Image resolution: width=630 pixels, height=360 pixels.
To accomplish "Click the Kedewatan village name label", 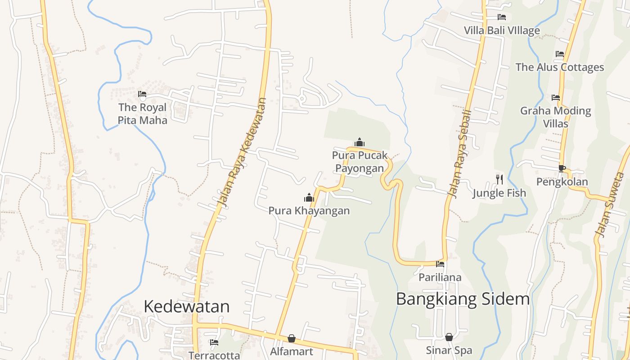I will coord(186,306).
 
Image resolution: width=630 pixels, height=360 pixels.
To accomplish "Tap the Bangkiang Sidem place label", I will coord(463,299).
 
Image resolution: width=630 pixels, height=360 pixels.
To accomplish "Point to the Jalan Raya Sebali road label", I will coord(460,153).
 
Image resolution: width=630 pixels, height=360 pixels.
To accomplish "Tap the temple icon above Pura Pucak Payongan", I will coord(359,143).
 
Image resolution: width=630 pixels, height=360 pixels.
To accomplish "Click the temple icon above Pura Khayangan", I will coord(309,198).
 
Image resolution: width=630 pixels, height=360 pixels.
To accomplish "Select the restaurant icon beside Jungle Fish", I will coord(499,179).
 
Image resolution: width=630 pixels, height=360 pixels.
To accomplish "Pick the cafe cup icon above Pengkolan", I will coord(562,168).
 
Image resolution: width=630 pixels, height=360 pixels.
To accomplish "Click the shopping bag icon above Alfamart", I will coord(292,338).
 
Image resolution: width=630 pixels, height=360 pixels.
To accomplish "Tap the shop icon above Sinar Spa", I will coord(449,337).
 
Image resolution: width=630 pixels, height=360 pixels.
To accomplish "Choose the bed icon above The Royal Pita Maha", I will coord(142,94).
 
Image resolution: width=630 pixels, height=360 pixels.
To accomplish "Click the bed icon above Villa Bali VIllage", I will coord(502,17).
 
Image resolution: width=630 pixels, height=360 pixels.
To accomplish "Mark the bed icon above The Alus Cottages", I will coord(559,54).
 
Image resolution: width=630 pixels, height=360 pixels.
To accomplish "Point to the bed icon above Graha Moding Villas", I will coord(556,97).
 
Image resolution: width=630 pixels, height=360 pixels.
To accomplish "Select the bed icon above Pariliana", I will coord(440,264).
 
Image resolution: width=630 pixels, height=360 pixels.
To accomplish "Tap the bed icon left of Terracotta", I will coord(214,342).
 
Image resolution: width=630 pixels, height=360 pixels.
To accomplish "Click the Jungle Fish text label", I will coord(499,193).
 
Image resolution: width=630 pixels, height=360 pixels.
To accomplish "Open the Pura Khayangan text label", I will coord(309,211).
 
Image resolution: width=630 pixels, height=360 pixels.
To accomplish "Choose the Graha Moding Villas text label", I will coord(556,117).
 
